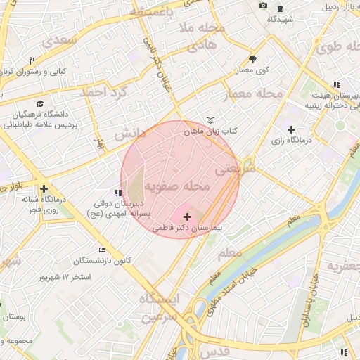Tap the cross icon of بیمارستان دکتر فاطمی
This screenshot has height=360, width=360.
coord(186,217)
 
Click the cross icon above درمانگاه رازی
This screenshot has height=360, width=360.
coord(291,129)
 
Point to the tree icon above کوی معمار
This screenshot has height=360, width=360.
coord(253,59)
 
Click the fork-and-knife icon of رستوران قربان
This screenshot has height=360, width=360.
coord(32,60)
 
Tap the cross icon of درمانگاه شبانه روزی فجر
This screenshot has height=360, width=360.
coord(44,188)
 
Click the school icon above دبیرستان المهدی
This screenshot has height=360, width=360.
coord(117,192)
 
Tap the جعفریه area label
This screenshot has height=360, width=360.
coord(342,266)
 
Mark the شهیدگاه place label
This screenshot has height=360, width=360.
coord(281,20)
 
